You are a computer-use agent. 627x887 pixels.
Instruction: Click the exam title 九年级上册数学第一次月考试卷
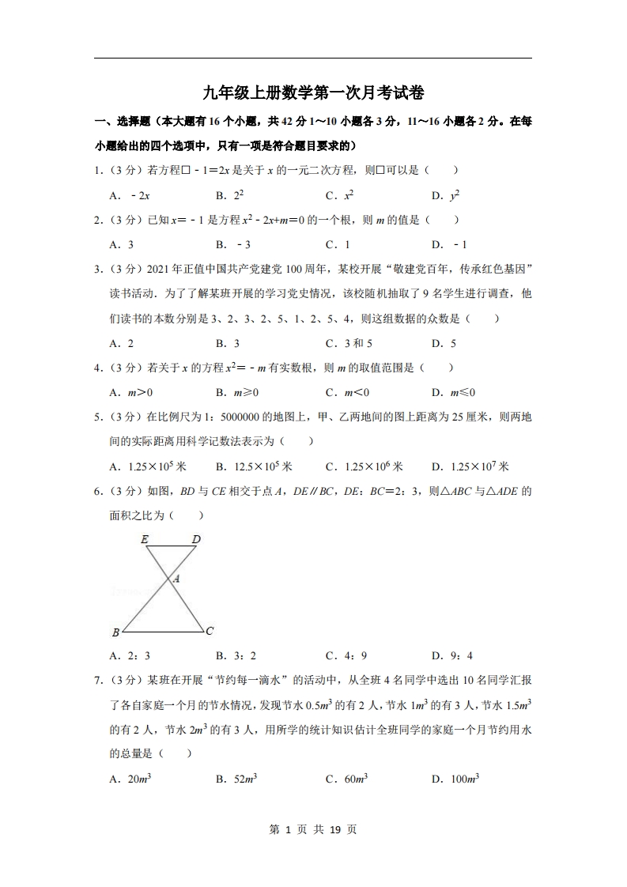tap(313, 93)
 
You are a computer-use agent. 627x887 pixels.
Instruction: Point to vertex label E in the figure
tap(145, 539)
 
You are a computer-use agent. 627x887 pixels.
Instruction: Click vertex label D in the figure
tap(196, 539)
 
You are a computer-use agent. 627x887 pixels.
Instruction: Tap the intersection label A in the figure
tap(176, 579)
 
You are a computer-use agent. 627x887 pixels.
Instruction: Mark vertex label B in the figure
tap(115, 632)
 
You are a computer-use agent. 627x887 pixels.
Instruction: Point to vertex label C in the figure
tap(209, 631)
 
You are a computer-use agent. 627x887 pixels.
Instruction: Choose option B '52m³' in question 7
tap(236, 779)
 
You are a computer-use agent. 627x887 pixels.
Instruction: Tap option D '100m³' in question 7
tap(455, 779)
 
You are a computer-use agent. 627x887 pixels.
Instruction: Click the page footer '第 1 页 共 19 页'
tap(313, 829)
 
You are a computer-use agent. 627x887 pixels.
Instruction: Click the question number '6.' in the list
tap(99, 491)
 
